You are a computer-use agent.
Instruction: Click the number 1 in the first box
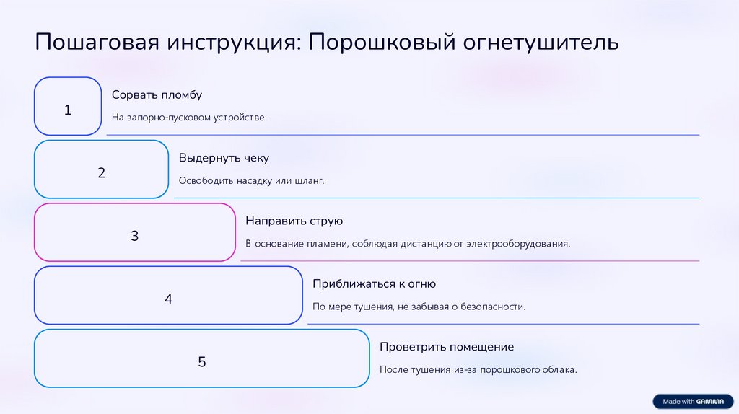tap(68, 110)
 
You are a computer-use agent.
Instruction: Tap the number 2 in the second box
tap(101, 173)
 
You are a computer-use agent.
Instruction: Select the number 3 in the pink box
tap(134, 236)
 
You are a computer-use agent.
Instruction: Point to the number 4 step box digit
tap(168, 299)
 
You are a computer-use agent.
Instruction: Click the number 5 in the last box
tap(202, 361)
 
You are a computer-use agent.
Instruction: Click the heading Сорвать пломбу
tap(157, 95)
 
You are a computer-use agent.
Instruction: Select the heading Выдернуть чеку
tap(224, 158)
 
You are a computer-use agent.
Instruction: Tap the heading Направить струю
tap(294, 221)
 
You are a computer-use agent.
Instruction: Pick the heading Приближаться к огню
tap(374, 283)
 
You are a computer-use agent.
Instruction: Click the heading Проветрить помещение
tap(447, 347)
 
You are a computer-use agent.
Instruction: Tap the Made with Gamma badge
tap(691, 401)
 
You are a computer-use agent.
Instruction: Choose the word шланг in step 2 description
tap(310, 181)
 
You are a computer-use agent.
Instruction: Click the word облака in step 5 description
tap(559, 370)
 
